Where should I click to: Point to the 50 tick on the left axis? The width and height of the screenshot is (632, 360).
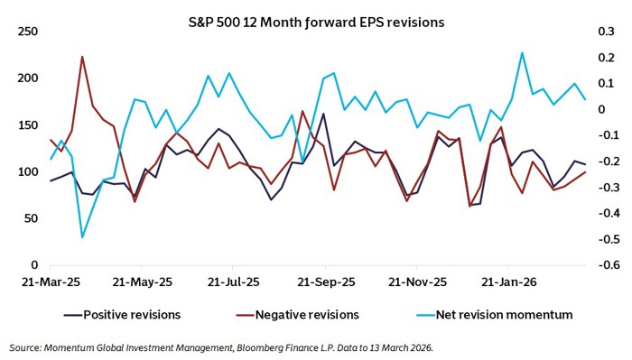30,219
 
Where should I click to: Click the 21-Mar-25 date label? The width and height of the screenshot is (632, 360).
51,282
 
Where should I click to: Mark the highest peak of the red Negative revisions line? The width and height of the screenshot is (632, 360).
82,57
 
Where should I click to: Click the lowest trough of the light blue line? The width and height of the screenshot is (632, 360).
82,237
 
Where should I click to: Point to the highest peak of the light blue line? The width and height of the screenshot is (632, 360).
522,52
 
